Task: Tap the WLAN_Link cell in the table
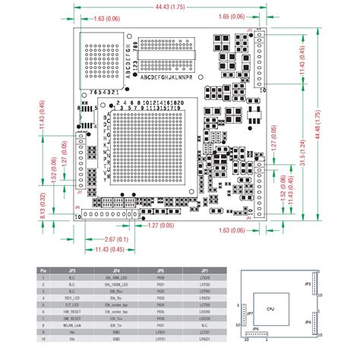(74, 326)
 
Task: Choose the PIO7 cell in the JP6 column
(160, 318)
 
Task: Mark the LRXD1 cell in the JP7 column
(205, 339)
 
